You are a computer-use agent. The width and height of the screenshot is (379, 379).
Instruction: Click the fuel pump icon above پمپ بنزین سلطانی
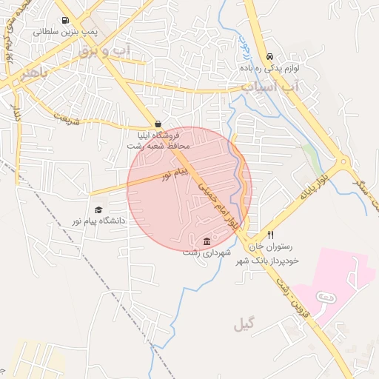point(65,21)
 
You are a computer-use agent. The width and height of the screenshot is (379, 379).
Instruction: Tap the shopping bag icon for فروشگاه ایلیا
point(157,124)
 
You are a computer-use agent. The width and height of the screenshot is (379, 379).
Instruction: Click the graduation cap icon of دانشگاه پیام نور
point(98,209)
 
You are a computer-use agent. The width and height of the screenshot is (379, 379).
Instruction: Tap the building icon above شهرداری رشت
point(207,242)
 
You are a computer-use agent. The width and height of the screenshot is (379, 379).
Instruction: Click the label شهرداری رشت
point(207,253)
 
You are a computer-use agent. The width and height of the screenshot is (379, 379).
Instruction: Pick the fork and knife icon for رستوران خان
point(270,236)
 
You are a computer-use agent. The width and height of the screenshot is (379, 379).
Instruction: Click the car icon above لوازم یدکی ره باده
point(269,56)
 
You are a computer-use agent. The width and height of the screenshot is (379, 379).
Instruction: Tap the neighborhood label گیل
point(244,324)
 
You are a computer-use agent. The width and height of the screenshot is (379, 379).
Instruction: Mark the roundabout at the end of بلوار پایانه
point(343,162)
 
